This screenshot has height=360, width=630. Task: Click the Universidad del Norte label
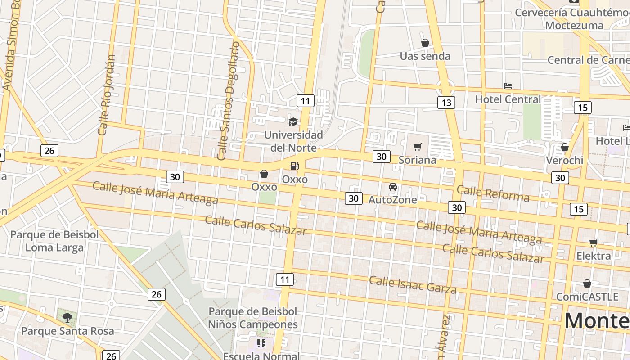(x=293, y=141)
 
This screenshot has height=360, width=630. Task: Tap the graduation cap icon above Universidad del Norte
(x=293, y=121)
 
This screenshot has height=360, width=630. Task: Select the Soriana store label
(x=418, y=160)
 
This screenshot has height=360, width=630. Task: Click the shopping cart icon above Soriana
(x=418, y=147)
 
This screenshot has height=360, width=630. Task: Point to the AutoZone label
(x=393, y=199)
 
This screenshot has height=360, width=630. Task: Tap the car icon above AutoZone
(x=393, y=186)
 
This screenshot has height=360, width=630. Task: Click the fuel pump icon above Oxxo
(x=294, y=166)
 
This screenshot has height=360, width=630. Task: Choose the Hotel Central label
(x=508, y=99)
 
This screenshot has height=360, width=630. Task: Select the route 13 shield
(x=446, y=103)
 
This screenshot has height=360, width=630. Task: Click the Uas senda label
(x=425, y=56)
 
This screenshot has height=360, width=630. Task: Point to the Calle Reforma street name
(x=493, y=193)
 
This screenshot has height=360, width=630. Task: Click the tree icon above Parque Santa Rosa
(x=67, y=318)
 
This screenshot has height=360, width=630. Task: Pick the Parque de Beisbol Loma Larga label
(x=54, y=241)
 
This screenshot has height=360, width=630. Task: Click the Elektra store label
(x=594, y=256)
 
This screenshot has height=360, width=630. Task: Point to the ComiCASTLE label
(x=587, y=297)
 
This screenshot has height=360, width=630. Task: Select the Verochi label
(x=564, y=160)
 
